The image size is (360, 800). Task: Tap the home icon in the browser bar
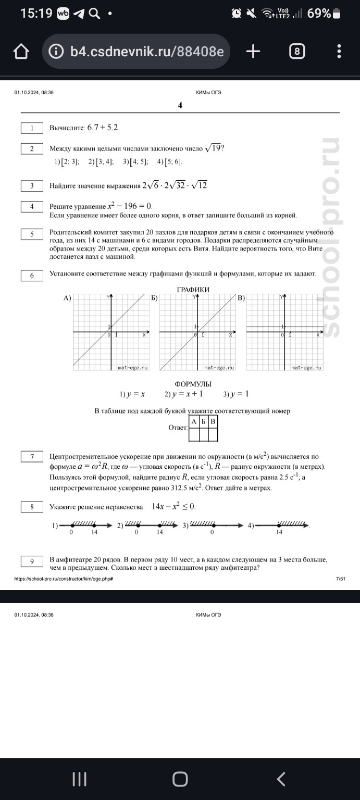21,51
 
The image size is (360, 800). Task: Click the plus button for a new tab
253,51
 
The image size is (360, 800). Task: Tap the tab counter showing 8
296,51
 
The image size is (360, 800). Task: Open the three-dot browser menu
339,51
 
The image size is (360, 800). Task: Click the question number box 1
32,128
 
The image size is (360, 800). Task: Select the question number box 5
32,234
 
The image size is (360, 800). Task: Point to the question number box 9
32,561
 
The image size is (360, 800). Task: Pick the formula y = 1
236,394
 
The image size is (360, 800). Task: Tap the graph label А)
67,298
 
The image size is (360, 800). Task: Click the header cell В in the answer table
213,421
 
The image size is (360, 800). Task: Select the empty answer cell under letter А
193,434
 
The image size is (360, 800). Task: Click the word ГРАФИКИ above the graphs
193,290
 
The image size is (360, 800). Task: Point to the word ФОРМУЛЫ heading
193,384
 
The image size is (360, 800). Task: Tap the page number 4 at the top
180,105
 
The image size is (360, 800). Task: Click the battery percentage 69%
319,13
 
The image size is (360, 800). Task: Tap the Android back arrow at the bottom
281,779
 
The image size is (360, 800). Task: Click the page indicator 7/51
341,579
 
